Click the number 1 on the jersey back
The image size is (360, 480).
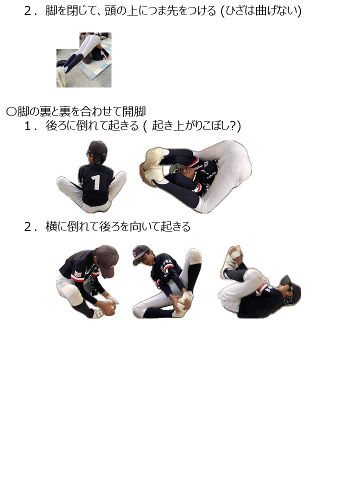[96, 182]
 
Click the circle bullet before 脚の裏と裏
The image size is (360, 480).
[11, 111]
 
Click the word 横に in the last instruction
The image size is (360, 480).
[56, 226]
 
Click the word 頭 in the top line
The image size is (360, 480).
[110, 11]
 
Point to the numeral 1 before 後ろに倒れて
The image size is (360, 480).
[27, 126]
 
